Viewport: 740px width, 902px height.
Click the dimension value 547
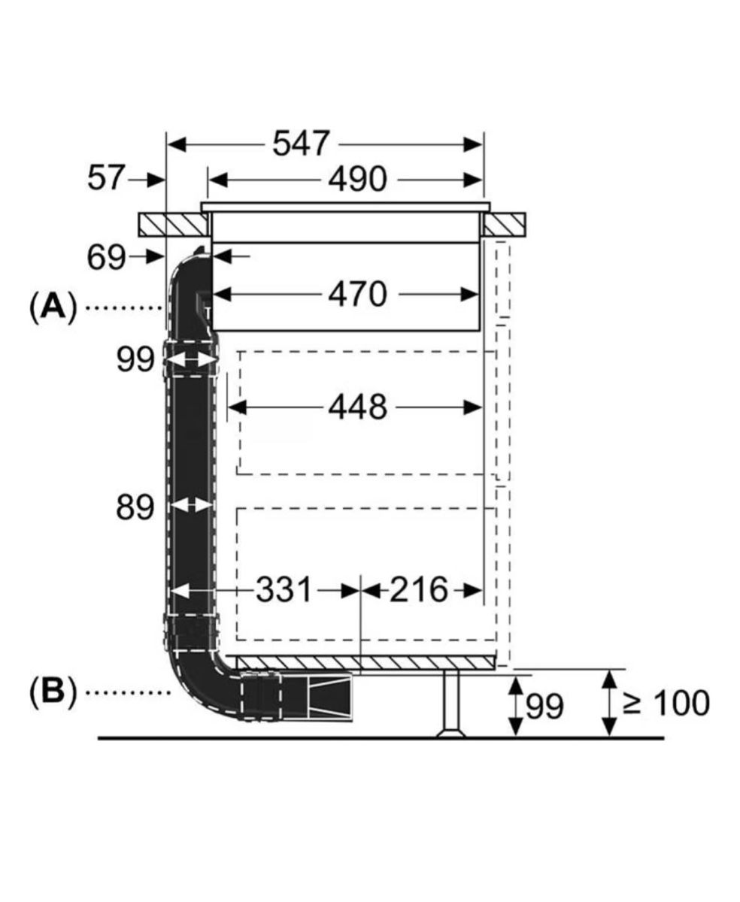pyautogui.click(x=301, y=144)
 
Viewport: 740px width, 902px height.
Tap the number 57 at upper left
pyautogui.click(x=106, y=178)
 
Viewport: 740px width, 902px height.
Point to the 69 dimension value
pyautogui.click(x=106, y=258)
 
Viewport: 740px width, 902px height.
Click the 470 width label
pyautogui.click(x=357, y=294)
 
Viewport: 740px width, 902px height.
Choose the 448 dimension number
pyautogui.click(x=357, y=407)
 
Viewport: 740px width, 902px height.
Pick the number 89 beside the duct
pyautogui.click(x=135, y=507)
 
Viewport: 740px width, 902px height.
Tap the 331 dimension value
pyautogui.click(x=284, y=590)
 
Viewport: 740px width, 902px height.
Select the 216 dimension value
pyautogui.click(x=418, y=590)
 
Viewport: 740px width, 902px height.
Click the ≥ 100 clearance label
pyautogui.click(x=666, y=703)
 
